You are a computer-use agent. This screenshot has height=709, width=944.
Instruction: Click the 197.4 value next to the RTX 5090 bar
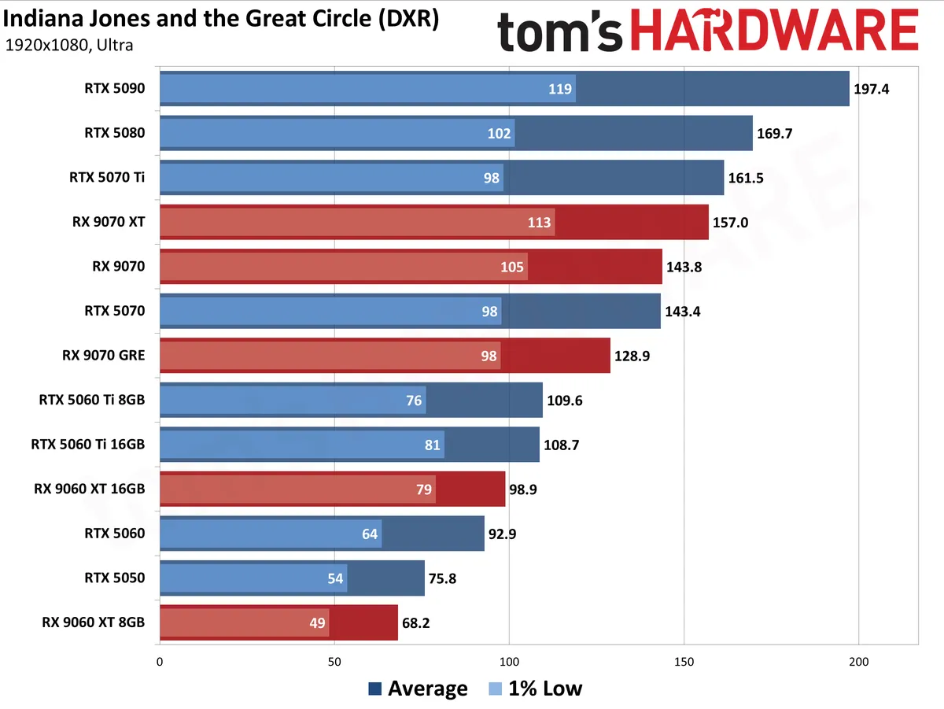[871, 89]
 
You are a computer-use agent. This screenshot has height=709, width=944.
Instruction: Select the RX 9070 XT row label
[109, 222]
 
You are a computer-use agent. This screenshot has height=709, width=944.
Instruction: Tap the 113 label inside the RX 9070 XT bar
[539, 223]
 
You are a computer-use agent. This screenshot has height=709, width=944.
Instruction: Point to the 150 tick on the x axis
[684, 662]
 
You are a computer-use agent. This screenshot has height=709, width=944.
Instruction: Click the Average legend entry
[418, 689]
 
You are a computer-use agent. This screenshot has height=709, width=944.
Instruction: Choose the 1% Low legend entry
[536, 689]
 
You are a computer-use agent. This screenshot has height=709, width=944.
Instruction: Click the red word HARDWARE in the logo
[775, 30]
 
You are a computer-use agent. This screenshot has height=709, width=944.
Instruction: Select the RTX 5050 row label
[114, 578]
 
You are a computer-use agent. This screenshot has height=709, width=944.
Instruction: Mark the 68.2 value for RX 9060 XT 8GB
[415, 623]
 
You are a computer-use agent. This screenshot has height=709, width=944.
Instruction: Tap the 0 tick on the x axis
[160, 662]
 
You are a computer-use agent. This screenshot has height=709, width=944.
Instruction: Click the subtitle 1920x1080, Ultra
[68, 45]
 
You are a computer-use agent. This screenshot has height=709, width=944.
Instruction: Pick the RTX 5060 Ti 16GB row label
[88, 445]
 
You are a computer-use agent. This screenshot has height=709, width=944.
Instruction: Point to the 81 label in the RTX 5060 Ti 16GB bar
[432, 445]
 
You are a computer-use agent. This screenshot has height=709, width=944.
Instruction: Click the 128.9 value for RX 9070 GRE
[632, 356]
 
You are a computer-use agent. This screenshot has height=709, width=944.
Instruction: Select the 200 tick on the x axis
[858, 662]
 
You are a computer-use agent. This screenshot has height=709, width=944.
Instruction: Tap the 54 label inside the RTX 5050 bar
[335, 578]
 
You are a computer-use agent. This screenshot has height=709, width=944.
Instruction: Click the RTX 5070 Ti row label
[107, 177]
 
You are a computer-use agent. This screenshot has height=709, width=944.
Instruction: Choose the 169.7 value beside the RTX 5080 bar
[774, 134]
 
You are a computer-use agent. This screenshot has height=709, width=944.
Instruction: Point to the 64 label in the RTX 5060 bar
[370, 534]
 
